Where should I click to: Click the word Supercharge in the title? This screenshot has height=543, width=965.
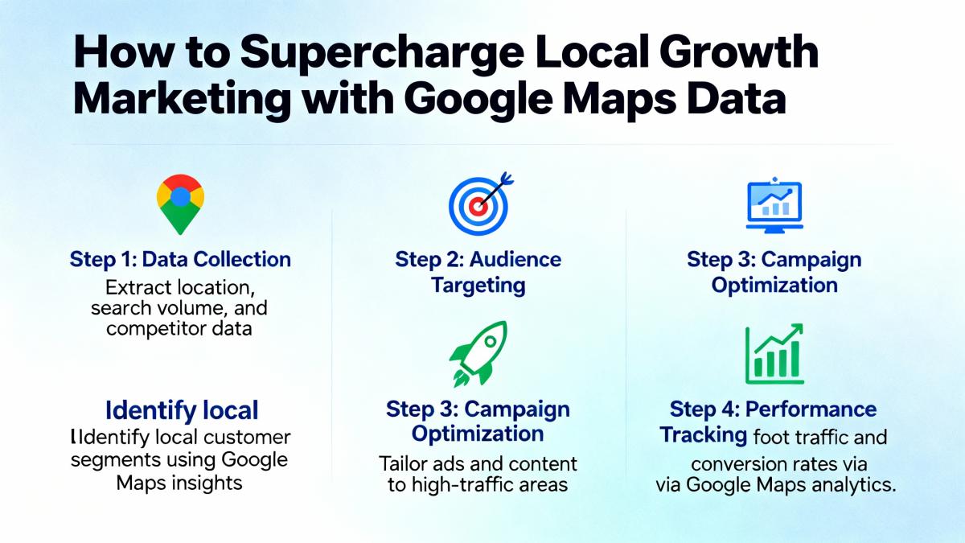[382, 53]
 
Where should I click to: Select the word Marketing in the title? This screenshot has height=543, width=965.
[182, 100]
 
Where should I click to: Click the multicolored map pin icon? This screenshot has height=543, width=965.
[180, 204]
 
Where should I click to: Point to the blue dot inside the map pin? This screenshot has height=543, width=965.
[180, 196]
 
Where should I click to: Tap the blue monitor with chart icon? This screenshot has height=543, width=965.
[774, 205]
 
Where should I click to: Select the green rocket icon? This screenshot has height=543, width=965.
[478, 354]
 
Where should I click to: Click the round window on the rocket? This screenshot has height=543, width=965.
[490, 342]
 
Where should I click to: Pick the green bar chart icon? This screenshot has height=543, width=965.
[774, 354]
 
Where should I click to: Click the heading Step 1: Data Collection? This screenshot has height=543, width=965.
[180, 259]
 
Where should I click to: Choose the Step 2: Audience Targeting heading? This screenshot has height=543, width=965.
[478, 273]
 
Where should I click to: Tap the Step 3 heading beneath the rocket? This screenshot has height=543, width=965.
[478, 421]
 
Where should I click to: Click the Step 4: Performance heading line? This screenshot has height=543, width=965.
[773, 409]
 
